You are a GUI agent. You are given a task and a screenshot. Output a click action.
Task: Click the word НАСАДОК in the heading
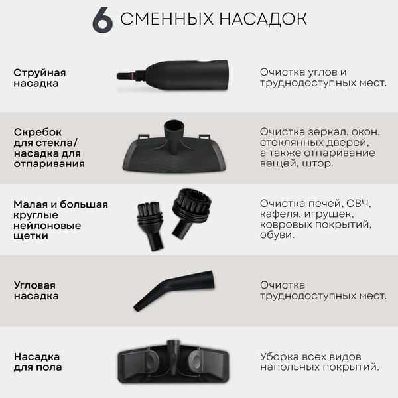tap(259, 19)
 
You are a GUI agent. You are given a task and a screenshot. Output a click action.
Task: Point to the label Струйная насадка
tap(40, 78)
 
